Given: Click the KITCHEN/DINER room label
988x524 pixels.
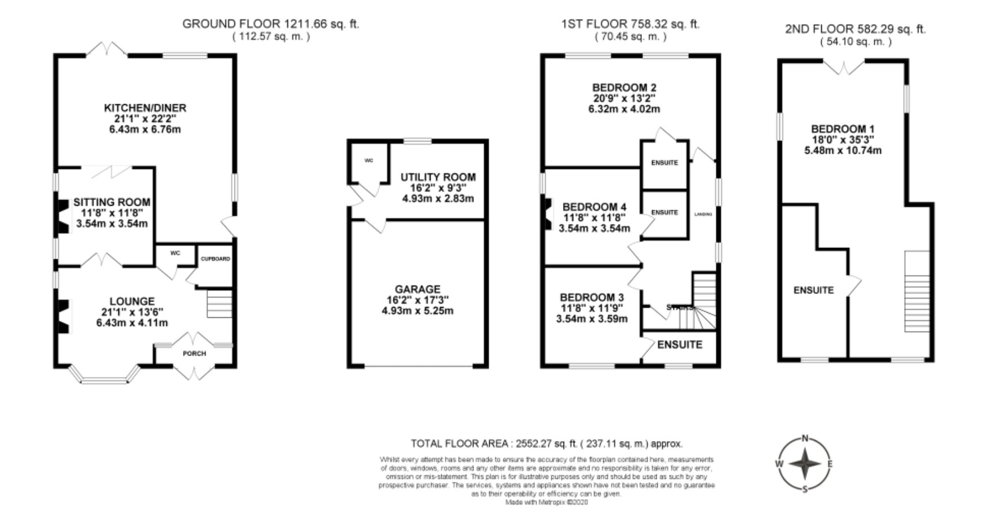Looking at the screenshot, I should click(x=145, y=108).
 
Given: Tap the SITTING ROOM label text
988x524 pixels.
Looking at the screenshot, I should click(x=112, y=202).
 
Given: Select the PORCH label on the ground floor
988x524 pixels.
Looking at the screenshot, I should click(x=194, y=353).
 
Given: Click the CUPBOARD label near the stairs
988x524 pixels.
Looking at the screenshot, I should click(x=215, y=259).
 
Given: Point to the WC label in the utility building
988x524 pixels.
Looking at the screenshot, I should click(x=369, y=161).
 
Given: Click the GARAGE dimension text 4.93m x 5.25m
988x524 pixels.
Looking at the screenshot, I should click(x=417, y=310).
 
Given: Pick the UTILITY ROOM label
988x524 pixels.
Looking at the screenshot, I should click(x=438, y=177).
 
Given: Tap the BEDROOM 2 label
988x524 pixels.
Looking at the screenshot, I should click(x=624, y=87).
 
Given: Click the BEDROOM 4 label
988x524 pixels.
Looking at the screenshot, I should click(x=594, y=207).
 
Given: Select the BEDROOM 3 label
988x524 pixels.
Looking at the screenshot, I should click(x=592, y=297).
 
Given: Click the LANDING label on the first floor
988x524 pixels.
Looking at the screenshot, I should click(x=703, y=214).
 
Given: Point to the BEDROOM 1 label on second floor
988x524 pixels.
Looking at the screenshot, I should click(x=843, y=129).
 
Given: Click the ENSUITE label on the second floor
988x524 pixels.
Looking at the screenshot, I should click(x=813, y=290).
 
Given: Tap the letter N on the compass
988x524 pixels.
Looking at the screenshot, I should click(x=805, y=438).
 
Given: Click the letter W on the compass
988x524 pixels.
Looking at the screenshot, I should click(x=779, y=464).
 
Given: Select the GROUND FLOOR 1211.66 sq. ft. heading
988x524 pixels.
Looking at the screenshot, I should click(x=271, y=24).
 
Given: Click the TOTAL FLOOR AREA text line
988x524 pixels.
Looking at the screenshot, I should click(x=546, y=443).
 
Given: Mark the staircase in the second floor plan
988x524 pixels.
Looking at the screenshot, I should click(x=916, y=291).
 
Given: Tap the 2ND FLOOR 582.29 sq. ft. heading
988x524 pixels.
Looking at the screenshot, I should click(x=855, y=29).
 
